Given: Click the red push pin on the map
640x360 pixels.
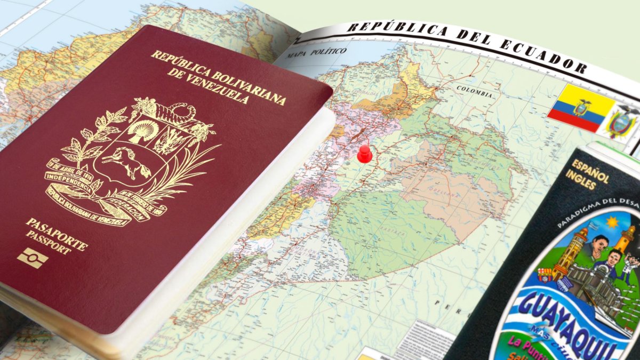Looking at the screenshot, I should point(365,154).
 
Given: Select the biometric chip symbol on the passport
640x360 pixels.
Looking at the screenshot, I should point(33,259).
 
